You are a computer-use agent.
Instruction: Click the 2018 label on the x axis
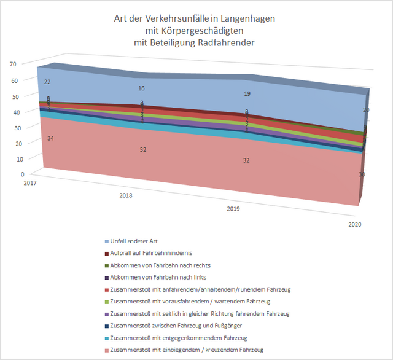point(125,197)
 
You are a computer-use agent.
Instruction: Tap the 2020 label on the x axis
point(355,225)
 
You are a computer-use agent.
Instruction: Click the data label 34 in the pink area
point(49,139)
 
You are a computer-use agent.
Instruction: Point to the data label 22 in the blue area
point(48,82)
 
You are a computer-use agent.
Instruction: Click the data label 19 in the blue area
point(246,94)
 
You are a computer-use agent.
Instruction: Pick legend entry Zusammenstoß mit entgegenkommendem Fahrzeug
point(182,337)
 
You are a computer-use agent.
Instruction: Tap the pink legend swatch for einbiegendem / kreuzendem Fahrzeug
point(108,350)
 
